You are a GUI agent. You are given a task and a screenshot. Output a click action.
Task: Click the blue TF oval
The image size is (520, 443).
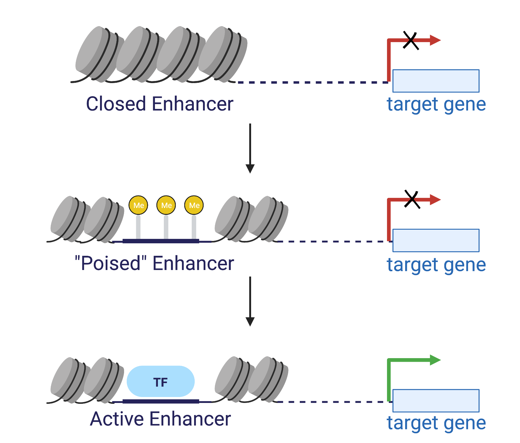pos(161,381)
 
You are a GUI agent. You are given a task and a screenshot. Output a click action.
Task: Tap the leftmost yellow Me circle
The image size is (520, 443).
pos(138,205)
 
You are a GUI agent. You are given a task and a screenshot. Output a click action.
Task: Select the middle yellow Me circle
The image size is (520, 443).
pos(166,205)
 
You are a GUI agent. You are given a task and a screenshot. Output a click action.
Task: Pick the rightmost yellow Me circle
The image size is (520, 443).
pos(194,205)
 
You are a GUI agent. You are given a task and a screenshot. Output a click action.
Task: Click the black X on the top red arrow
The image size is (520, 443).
pos(411,40)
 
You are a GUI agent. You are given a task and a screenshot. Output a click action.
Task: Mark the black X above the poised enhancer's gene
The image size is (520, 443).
pos(412,200)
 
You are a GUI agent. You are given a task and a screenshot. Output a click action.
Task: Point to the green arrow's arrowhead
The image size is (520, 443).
pos(435,360)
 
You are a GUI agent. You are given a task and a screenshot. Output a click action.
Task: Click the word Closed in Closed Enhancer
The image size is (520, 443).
pos(116,104)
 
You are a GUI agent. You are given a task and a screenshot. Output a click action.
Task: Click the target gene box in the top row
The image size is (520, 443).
pos(436,81)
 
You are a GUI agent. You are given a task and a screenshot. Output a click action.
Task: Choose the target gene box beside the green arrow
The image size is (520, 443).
pos(436,401)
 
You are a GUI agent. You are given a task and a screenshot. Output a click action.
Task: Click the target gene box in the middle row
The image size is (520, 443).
pos(436,240)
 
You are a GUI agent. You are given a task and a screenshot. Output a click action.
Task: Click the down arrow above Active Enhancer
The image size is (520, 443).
pos(250,301)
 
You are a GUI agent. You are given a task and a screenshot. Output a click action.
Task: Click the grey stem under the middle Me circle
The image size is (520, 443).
pos(166,227)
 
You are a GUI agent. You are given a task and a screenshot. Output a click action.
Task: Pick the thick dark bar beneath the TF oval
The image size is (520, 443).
pos(161,401)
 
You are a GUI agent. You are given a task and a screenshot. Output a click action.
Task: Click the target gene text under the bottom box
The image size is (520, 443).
pos(436,423)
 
